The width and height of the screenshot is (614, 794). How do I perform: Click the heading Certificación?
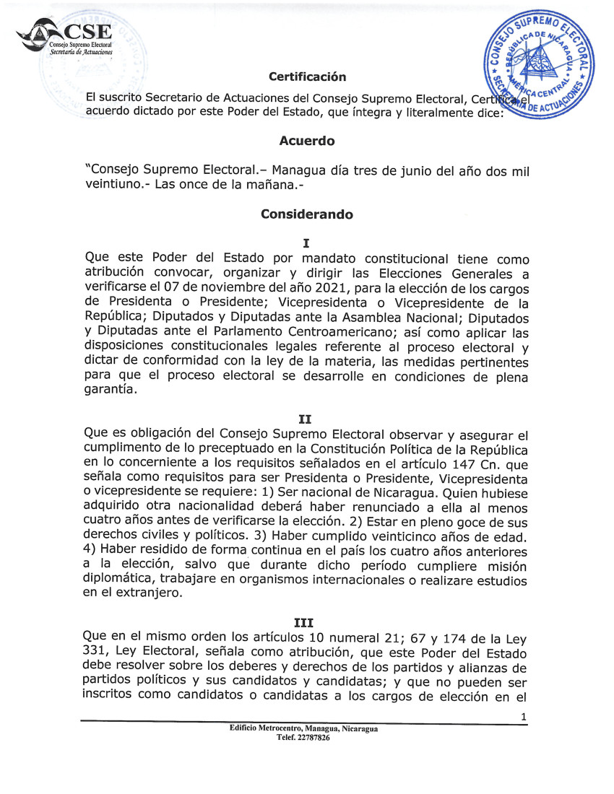pyautogui.click(x=307, y=77)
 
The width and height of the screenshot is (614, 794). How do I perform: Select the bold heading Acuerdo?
pyautogui.click(x=306, y=141)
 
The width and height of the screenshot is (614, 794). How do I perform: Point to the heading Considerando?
pyautogui.click(x=306, y=215)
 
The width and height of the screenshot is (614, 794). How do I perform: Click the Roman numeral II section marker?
pyautogui.click(x=306, y=419)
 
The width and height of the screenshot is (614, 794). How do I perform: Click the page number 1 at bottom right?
pyautogui.click(x=523, y=716)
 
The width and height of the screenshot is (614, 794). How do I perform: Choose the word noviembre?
pyautogui.click(x=223, y=289)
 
